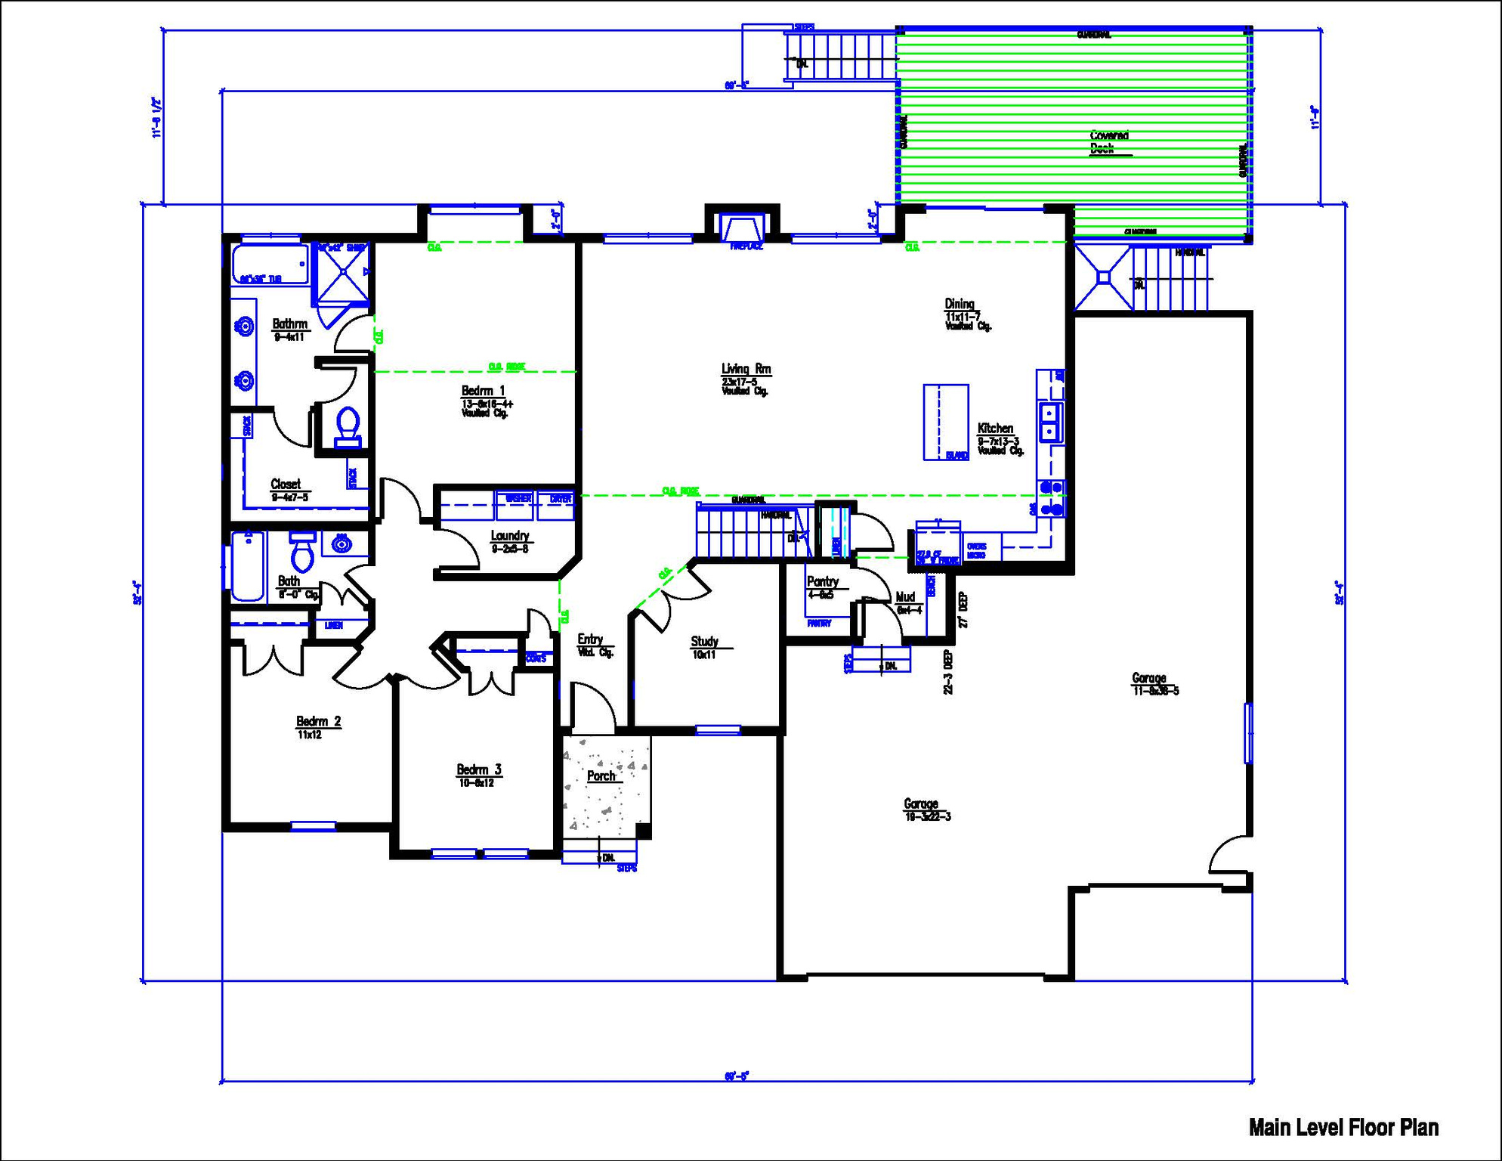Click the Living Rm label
746,370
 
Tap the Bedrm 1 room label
484,392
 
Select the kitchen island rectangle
945,422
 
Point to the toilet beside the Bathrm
348,426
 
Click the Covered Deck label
1109,142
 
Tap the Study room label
704,642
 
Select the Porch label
601,776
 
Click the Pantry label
822,582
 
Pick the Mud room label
905,597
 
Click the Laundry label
510,536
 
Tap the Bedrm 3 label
478,770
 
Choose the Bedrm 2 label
318,722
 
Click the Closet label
286,485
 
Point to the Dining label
960,305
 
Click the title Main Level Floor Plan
1343,1128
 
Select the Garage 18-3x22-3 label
921,804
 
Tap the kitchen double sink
1050,422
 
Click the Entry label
590,639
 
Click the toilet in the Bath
303,553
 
